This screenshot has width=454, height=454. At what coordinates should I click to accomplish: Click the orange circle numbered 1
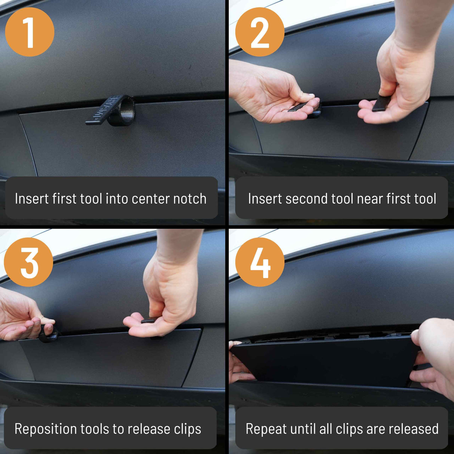pos(30,32)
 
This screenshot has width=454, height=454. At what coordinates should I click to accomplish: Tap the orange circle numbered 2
pos(260,32)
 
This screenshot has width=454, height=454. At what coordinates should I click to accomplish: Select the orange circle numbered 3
pos(28,262)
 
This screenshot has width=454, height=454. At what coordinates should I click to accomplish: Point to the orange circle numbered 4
pos(260,262)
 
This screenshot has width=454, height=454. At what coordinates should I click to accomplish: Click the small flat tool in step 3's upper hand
pos(149,320)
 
